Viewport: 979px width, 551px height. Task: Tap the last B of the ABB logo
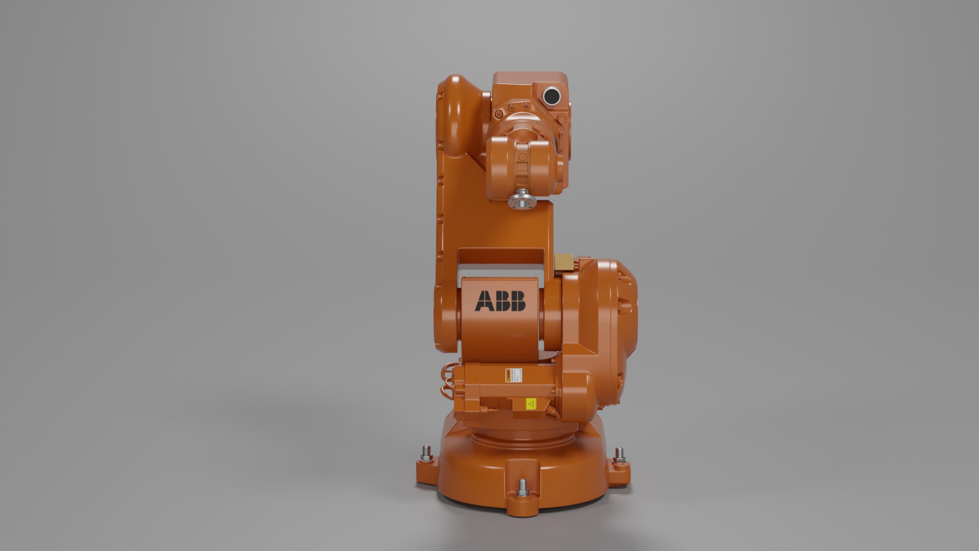(518, 301)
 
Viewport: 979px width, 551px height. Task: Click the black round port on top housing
(551, 95)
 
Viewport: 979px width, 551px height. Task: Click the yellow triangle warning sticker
(531, 404)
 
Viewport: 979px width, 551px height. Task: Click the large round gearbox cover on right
(620, 306)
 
